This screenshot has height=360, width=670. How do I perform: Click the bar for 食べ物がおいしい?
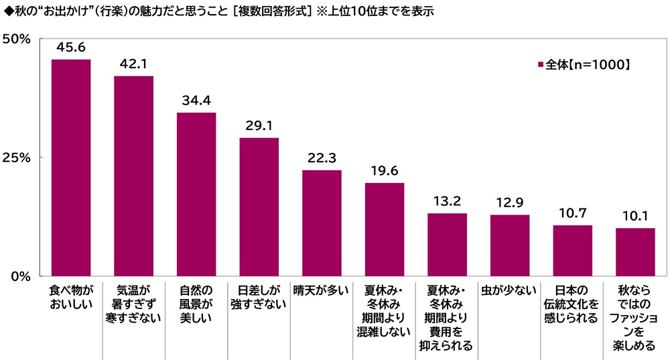pyautogui.click(x=71, y=168)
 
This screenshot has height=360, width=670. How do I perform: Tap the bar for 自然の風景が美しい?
pyautogui.click(x=196, y=194)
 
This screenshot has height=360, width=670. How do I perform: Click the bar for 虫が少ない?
pyautogui.click(x=510, y=245)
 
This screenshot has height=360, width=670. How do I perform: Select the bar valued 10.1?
pyautogui.click(x=635, y=251)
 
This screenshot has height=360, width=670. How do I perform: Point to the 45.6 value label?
pyautogui.click(x=71, y=48)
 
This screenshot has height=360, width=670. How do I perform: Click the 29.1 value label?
pyautogui.click(x=259, y=126)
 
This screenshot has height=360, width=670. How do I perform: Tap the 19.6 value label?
pyautogui.click(x=385, y=171)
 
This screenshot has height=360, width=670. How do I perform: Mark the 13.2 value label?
pyautogui.click(x=447, y=201)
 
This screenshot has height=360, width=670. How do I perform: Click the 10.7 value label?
pyautogui.click(x=572, y=213)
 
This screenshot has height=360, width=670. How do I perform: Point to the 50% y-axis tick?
pyautogui.click(x=17, y=40)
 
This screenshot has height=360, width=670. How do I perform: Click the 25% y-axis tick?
pyautogui.click(x=17, y=158)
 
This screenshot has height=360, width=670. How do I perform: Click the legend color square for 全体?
pyautogui.click(x=540, y=65)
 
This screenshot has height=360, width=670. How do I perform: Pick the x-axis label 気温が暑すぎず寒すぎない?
pyautogui.click(x=133, y=304)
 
